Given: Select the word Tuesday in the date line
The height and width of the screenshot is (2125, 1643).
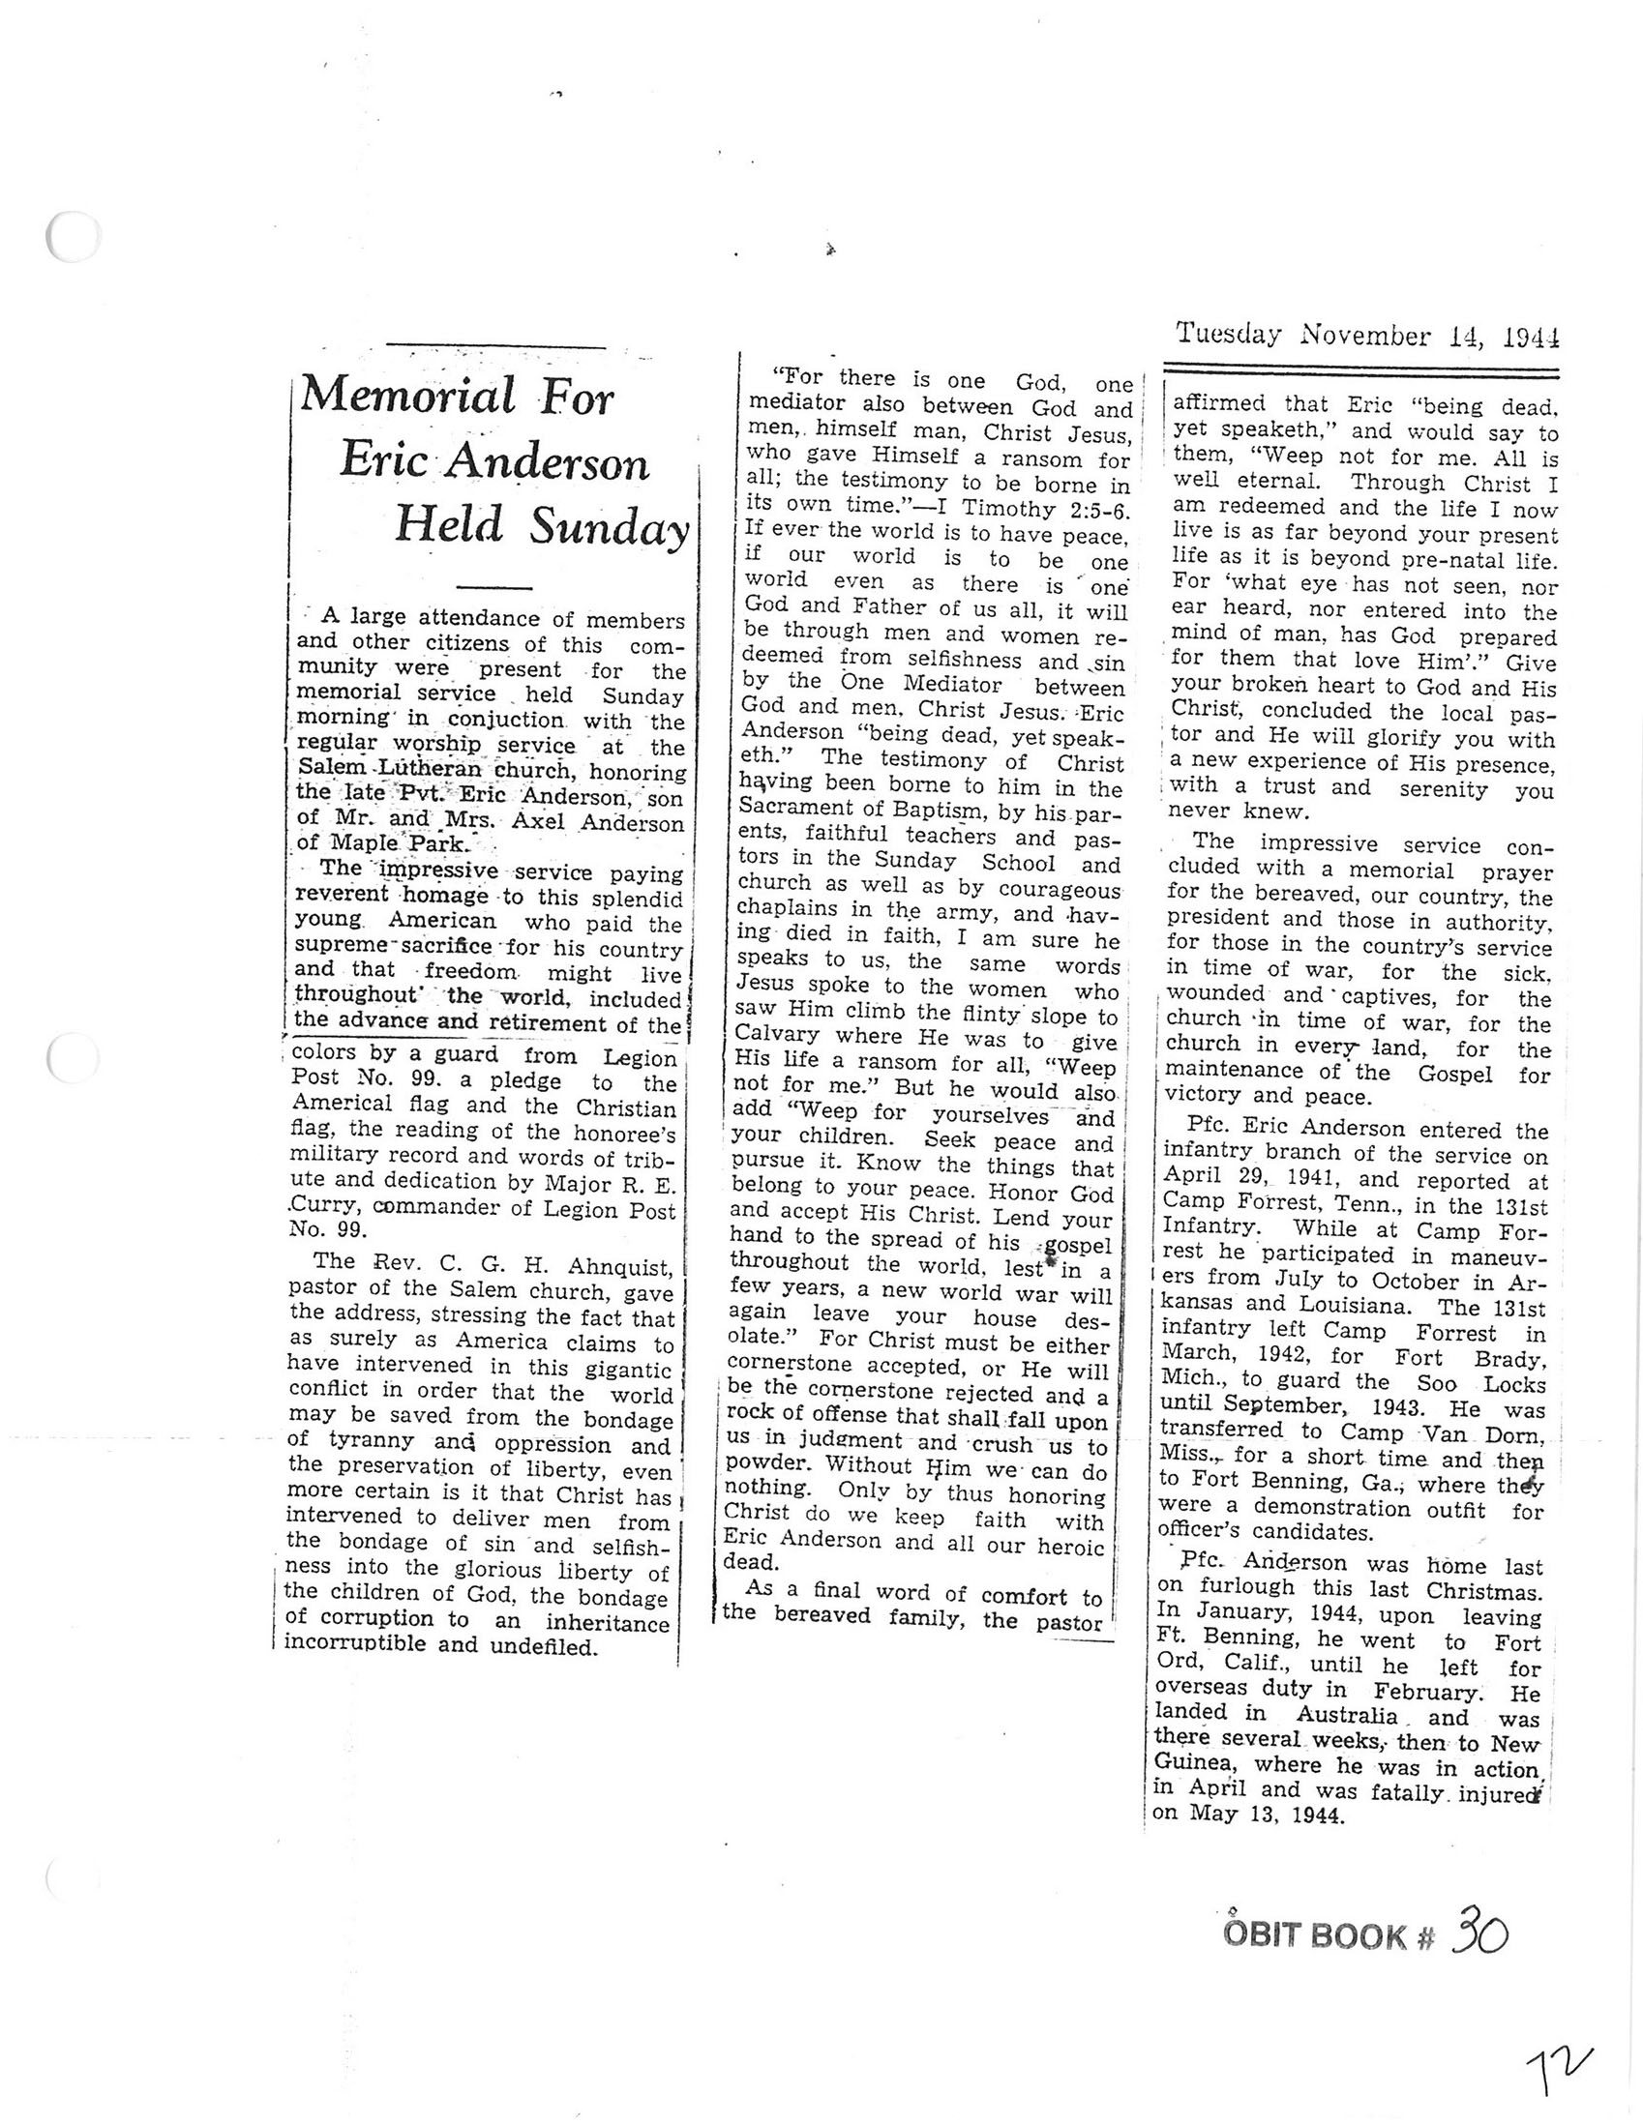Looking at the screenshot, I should pos(1229,335).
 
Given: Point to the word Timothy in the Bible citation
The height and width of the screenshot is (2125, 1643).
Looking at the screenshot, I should pos(1006,509).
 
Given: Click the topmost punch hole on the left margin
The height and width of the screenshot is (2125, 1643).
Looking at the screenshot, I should pos(72,236).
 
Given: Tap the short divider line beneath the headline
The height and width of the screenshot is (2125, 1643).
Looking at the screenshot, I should pos(494,588).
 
